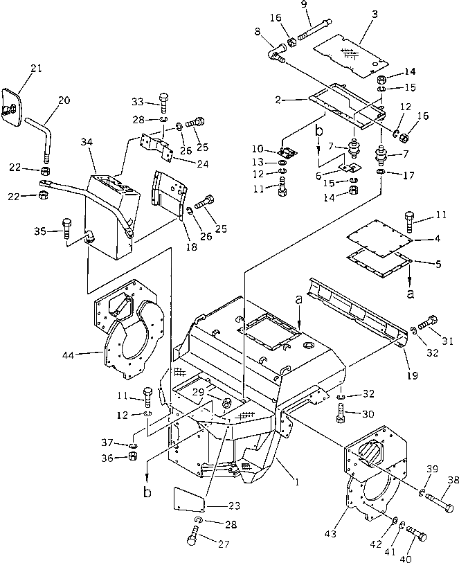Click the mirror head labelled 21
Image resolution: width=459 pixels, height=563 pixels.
point(14,104)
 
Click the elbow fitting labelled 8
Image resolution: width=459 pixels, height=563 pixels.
point(274,53)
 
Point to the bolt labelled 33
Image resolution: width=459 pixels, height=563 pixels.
point(163,102)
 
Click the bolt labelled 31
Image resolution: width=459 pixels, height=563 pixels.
point(431,321)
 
